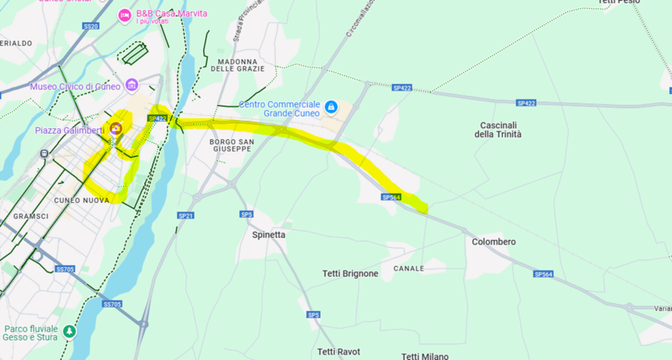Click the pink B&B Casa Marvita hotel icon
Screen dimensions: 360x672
tap(124, 15)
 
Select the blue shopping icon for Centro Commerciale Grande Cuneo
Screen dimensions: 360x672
tap(332, 107)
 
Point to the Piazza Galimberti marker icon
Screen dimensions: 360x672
tap(115, 129)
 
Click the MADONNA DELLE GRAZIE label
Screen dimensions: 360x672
tap(237, 65)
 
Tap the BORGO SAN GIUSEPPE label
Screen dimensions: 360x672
tap(231, 145)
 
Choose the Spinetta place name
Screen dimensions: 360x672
tap(269, 235)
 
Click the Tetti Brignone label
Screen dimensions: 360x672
tap(350, 274)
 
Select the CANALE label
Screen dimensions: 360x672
tap(409, 269)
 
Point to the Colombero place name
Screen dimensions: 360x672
tap(493, 242)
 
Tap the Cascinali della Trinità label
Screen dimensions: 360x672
tap(498, 130)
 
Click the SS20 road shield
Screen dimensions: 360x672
tap(91, 26)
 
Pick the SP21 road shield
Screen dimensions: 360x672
tap(185, 216)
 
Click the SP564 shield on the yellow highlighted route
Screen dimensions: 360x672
tap(391, 197)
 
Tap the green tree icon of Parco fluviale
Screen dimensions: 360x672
tap(69, 331)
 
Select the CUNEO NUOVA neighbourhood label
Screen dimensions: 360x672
tap(82, 200)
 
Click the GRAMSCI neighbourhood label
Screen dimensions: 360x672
tap(27, 216)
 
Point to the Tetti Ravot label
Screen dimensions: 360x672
tap(338, 352)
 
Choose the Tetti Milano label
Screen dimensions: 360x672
tap(425, 356)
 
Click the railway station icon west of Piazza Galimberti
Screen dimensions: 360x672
tap(44, 153)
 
